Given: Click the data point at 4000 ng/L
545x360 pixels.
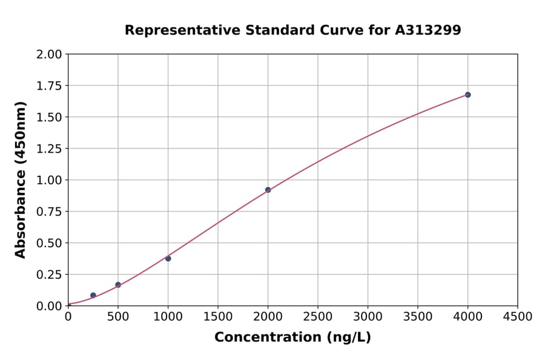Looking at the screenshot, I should click(467, 95).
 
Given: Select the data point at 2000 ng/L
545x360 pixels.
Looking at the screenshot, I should click(268, 190).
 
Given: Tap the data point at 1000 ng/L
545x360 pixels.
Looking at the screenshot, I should click(168, 259).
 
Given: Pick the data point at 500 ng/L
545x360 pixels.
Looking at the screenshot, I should click(118, 285).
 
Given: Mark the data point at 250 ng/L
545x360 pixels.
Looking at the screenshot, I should click(93, 295).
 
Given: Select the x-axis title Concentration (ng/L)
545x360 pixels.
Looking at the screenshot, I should click(292, 338).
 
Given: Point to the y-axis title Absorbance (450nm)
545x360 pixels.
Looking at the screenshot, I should click(21, 180).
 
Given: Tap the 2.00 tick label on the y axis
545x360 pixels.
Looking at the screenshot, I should click(48, 55).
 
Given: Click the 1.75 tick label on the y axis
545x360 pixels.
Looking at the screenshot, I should click(48, 86).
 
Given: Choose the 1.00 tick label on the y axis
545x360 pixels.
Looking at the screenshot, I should click(48, 180).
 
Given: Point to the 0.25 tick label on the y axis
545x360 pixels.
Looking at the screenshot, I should click(48, 275).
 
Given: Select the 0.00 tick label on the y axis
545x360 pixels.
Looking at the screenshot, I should click(48, 306).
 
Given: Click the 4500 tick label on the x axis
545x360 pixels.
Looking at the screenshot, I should click(517, 317).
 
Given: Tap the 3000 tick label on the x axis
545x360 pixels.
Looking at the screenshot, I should click(368, 317).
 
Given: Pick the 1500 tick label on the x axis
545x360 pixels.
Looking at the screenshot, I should click(218, 317).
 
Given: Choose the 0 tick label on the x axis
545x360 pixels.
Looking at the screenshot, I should click(68, 317).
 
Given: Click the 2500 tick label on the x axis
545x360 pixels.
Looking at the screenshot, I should click(318, 317).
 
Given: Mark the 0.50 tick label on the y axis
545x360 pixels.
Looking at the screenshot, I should click(48, 243).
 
